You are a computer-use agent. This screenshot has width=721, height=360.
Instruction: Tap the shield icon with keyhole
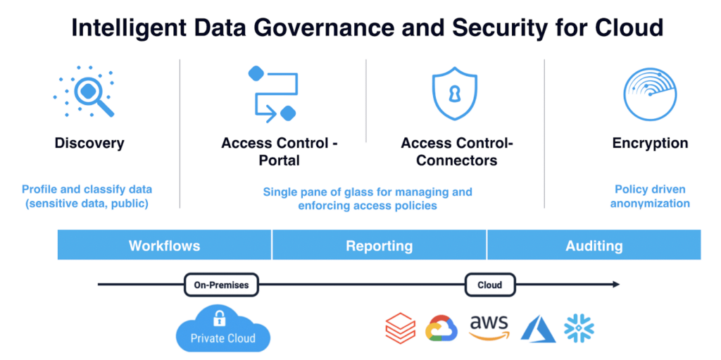[x=455, y=94]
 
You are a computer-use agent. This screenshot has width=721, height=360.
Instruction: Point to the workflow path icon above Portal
[x=272, y=94]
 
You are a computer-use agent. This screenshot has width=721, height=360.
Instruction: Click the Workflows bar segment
[x=164, y=245]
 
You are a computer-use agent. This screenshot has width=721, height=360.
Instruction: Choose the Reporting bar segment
[x=380, y=245]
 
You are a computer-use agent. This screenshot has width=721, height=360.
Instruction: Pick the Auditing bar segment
[x=594, y=245]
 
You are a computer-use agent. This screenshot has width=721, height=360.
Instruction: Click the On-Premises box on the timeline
[x=221, y=285]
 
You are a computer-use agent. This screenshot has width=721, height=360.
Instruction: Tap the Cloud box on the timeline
[x=490, y=285]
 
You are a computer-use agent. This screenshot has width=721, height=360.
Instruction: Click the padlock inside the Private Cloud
[x=219, y=317]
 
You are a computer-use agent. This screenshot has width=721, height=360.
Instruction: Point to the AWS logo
[x=489, y=328]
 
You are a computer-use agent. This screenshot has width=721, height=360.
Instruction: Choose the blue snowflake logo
[x=579, y=328]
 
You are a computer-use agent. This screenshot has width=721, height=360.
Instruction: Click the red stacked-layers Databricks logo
[x=400, y=328]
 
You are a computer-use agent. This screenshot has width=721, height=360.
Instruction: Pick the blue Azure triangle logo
[x=538, y=329]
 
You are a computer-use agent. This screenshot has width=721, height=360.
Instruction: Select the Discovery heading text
[x=89, y=143]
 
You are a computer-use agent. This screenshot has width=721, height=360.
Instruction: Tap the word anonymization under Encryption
[x=650, y=203]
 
